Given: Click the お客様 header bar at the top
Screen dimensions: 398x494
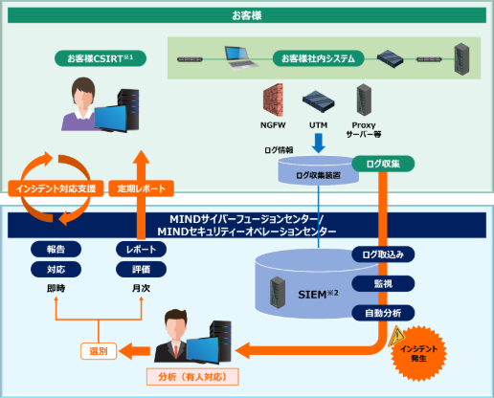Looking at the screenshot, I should tap(246, 15).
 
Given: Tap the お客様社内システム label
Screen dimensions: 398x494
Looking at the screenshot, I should tap(317, 58).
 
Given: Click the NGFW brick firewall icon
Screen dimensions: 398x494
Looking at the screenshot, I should tap(274, 99).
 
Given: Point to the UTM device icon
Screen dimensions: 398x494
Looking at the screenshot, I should tap(317, 100).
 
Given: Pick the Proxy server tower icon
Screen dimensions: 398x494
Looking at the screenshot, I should tap(363, 99).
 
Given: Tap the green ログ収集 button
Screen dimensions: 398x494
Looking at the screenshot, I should tap(382, 164).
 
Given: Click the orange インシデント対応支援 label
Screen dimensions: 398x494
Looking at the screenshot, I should tap(52, 188).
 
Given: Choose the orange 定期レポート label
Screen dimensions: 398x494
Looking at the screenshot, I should tap(140, 188).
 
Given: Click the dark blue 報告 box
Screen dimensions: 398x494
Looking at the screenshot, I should tap(56, 249).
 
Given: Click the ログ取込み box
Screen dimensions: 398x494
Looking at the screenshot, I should tap(382, 254).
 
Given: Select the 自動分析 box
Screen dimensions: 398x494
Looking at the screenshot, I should tap(382, 312).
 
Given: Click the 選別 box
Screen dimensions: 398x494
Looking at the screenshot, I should tap(99, 351).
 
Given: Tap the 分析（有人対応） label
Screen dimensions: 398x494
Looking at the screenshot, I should tap(192, 376).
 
